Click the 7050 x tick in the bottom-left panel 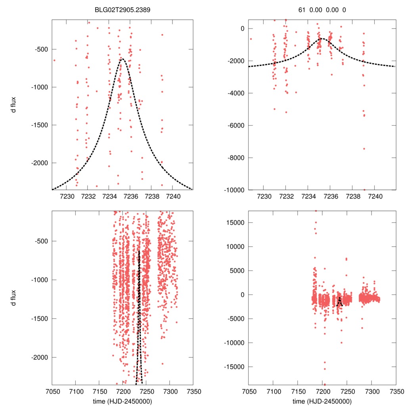[52, 391]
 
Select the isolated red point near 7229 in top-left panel [54, 60]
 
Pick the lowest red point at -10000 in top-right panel [364, 190]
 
